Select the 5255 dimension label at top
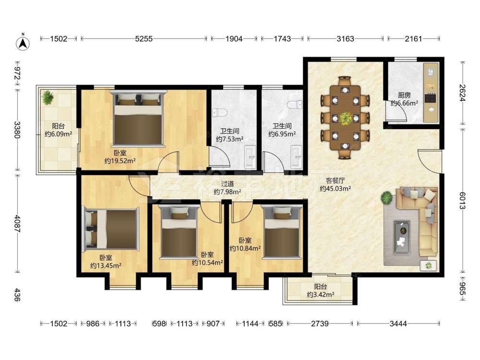144,39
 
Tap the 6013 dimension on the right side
462,201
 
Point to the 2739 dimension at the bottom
320,324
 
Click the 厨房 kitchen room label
404,95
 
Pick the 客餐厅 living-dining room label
335,180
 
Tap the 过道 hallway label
228,184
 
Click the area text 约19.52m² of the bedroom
120,161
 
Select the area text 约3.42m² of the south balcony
321,295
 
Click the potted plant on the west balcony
48,97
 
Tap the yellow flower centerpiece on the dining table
346,118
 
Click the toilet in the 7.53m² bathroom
220,113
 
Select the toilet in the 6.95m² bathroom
295,105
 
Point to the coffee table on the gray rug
402,237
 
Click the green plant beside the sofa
387,198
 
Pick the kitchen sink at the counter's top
431,72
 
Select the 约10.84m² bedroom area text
245,248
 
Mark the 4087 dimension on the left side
17,224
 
